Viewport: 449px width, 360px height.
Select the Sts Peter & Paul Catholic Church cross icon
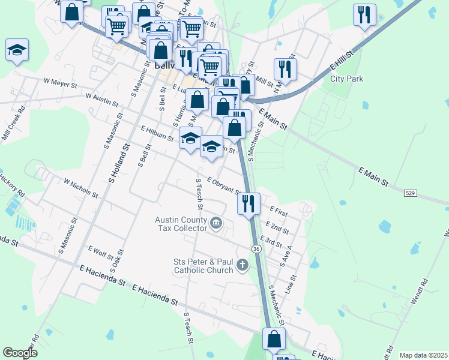(243, 265)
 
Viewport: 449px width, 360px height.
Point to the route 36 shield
(256, 248)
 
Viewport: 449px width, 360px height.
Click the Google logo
(20, 353)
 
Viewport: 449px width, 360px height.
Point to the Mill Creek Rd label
(13, 124)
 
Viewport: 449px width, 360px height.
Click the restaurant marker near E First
(248, 203)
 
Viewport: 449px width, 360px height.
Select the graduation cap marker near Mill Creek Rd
(17, 50)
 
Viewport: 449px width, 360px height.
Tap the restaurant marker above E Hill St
(364, 14)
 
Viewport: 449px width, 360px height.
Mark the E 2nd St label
(279, 227)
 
